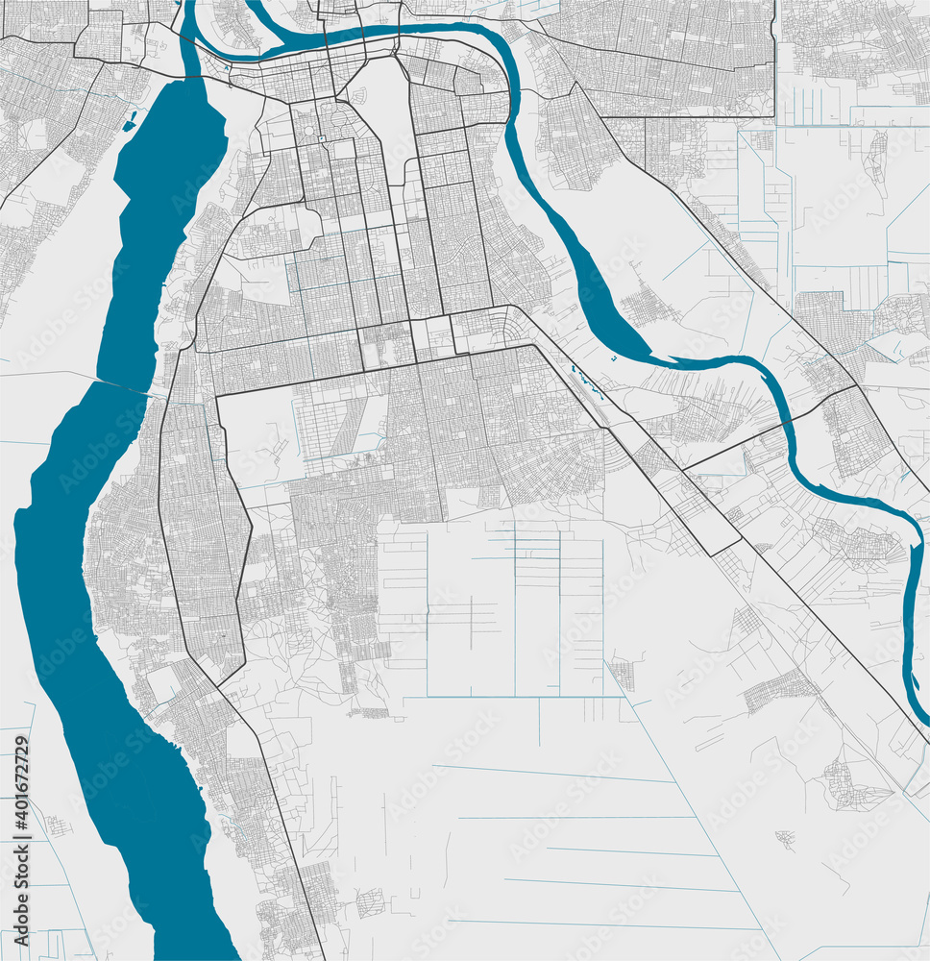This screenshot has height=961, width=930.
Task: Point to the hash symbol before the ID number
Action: (21, 828)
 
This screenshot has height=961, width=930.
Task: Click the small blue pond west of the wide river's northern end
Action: (129, 122)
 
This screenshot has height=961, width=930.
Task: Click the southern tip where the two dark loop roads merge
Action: (218, 685)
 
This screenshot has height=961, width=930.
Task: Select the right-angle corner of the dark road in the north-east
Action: (774, 117)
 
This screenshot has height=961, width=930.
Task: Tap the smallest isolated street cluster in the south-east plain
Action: (786, 839)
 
